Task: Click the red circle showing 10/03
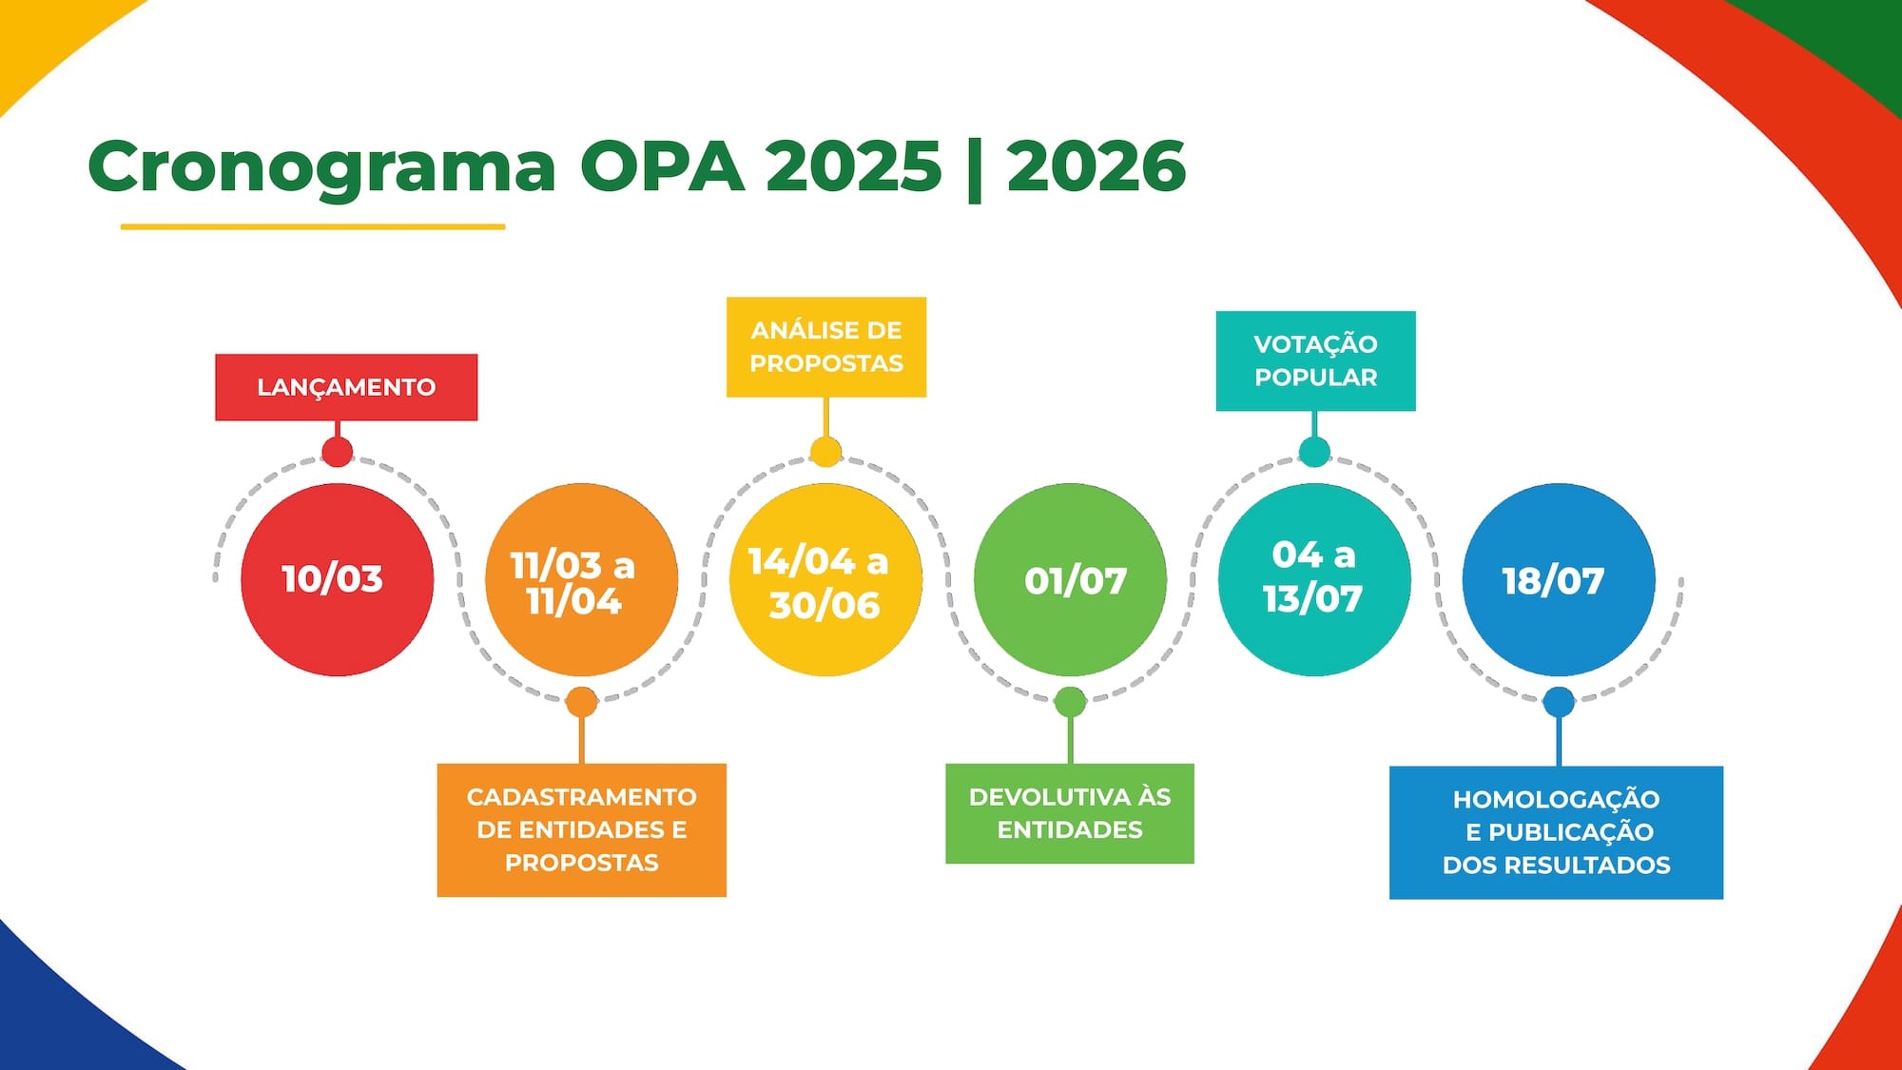[338, 579]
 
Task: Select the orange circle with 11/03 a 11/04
[581, 579]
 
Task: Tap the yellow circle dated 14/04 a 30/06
[825, 579]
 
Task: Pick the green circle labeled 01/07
[1070, 579]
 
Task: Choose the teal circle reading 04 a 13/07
[1314, 579]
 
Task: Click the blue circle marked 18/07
[1559, 579]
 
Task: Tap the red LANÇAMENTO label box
[346, 387]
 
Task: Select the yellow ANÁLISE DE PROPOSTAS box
[826, 346]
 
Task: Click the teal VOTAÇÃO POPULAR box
[1316, 360]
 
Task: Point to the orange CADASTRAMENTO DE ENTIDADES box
[582, 829]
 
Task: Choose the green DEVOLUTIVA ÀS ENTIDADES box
[1070, 813]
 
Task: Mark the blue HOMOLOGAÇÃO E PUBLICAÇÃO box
[1556, 832]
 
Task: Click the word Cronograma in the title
[321, 166]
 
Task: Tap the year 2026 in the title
[1096, 166]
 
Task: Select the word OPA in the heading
[662, 166]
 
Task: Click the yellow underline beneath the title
[313, 226]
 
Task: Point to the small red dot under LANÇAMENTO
[337, 451]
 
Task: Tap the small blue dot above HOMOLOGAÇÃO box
[1559, 702]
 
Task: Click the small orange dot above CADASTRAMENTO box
[581, 702]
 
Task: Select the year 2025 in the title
[854, 166]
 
